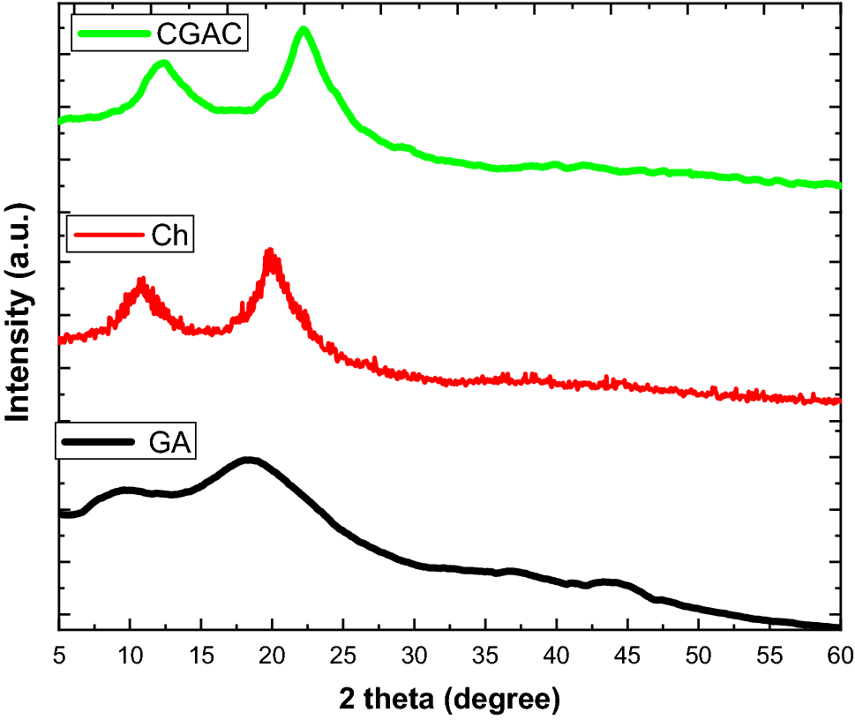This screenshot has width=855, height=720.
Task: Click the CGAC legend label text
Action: (x=199, y=34)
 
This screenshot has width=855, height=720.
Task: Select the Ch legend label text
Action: (x=170, y=236)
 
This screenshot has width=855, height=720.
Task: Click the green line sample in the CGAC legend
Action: (x=115, y=34)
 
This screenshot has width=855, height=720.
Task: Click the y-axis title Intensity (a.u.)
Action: (x=19, y=313)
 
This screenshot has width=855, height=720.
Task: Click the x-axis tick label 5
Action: (x=58, y=656)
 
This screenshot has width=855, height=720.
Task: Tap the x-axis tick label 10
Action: (x=130, y=656)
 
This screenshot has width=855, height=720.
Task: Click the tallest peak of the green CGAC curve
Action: (x=304, y=31)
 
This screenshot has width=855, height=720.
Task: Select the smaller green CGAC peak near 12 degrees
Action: (x=161, y=64)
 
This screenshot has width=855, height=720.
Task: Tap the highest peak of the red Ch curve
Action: (x=271, y=255)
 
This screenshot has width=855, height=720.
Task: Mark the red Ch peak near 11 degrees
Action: (x=141, y=282)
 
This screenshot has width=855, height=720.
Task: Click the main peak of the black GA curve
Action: (x=249, y=460)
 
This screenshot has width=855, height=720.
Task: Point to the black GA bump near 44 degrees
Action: (x=610, y=582)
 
